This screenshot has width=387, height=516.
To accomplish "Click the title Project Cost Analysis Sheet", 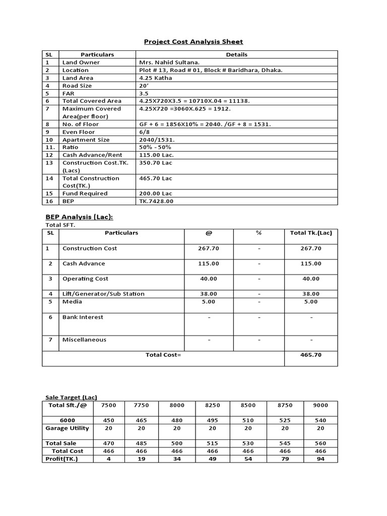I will pyautogui.click(x=193, y=41).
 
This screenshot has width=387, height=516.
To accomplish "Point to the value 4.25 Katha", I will pyautogui.click(x=155, y=78).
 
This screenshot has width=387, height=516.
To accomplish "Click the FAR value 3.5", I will pyautogui.click(x=144, y=93).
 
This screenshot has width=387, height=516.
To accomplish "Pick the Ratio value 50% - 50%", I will pyautogui.click(x=155, y=147).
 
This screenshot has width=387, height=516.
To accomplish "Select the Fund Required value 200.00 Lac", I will pyautogui.click(x=155, y=193).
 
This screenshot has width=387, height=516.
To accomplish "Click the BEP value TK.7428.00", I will pyautogui.click(x=156, y=201).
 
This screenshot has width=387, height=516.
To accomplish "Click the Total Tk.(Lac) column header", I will pyautogui.click(x=311, y=233).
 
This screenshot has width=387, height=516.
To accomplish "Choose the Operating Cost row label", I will pyautogui.click(x=85, y=279).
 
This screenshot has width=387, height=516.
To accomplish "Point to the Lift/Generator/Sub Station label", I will pyautogui.click(x=103, y=294).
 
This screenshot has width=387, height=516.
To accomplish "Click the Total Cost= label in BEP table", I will pyautogui.click(x=163, y=355).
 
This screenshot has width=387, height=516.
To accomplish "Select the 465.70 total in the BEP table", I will pyautogui.click(x=311, y=355).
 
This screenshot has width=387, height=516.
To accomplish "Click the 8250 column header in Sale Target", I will pyautogui.click(x=212, y=405).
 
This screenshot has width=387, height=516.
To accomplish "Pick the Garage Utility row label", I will pyautogui.click(x=67, y=428).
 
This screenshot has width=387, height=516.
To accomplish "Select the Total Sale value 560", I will pyautogui.click(x=320, y=443).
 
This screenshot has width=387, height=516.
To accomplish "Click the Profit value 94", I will pyautogui.click(x=320, y=459).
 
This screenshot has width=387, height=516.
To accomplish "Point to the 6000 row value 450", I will pyautogui.click(x=109, y=420).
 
